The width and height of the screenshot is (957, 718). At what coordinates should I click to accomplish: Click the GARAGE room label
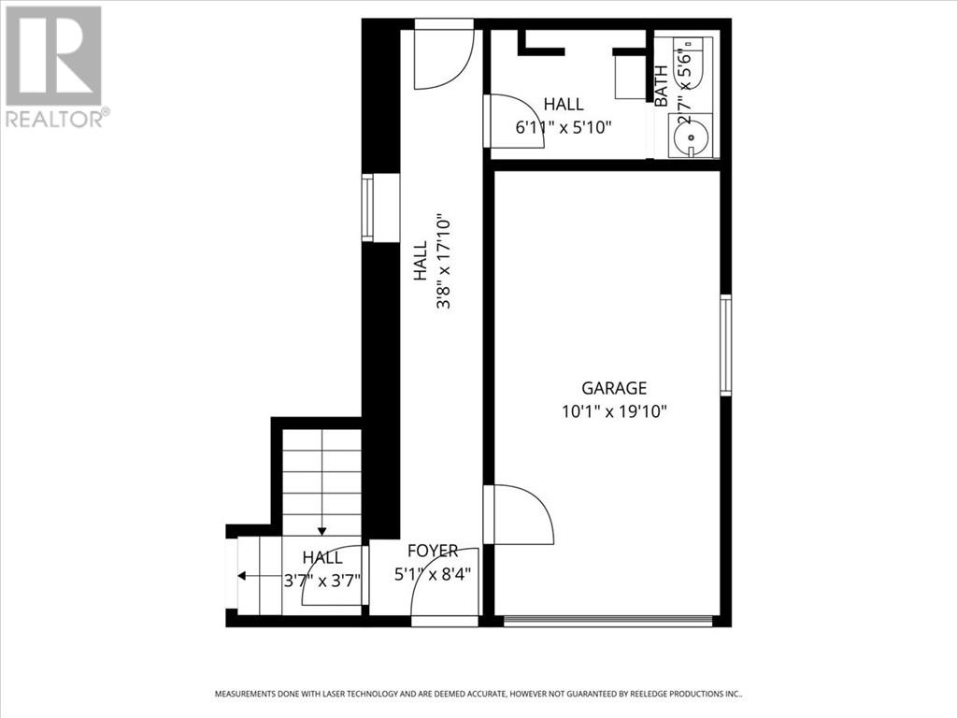[614, 388]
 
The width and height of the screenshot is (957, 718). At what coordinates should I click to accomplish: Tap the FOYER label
[433, 552]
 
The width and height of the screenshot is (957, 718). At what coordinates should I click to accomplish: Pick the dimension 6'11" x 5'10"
[564, 127]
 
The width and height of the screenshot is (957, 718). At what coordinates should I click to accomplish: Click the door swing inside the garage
[521, 513]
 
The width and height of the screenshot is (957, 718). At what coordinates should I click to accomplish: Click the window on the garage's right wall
[725, 345]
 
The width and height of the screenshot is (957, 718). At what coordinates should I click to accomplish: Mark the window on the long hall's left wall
[368, 208]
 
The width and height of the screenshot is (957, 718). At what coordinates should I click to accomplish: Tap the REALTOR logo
[55, 65]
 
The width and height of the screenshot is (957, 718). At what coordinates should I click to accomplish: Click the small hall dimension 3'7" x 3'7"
[321, 579]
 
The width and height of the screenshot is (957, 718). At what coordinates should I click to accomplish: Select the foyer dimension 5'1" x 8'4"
[431, 573]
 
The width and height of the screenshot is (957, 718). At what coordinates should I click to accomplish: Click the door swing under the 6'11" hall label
[508, 120]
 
